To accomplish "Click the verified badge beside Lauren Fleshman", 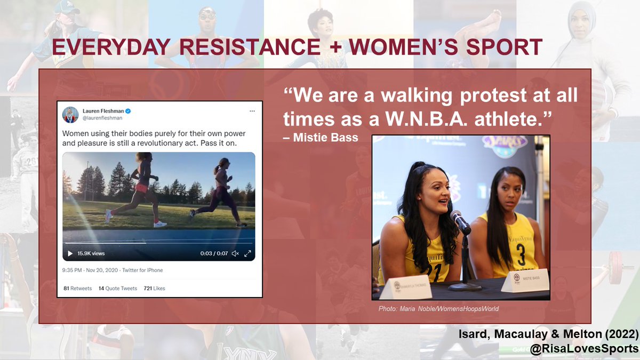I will pyautogui.click(x=129, y=111).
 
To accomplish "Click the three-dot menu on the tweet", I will pyautogui.click(x=252, y=111).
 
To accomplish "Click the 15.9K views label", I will pyautogui.click(x=91, y=253).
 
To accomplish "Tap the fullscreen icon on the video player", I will pyautogui.click(x=247, y=253).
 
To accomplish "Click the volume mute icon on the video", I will pyautogui.click(x=235, y=253).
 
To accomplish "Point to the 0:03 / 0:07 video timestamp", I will pyautogui.click(x=213, y=253).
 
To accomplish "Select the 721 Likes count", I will pyautogui.click(x=154, y=288).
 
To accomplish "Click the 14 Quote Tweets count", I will pyautogui.click(x=117, y=288).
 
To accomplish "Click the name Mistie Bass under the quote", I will pyautogui.click(x=323, y=138).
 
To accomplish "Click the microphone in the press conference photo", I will pyautogui.click(x=460, y=221).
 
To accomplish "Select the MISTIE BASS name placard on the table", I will pyautogui.click(x=525, y=279).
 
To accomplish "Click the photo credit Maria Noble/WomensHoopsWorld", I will pyautogui.click(x=439, y=308).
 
